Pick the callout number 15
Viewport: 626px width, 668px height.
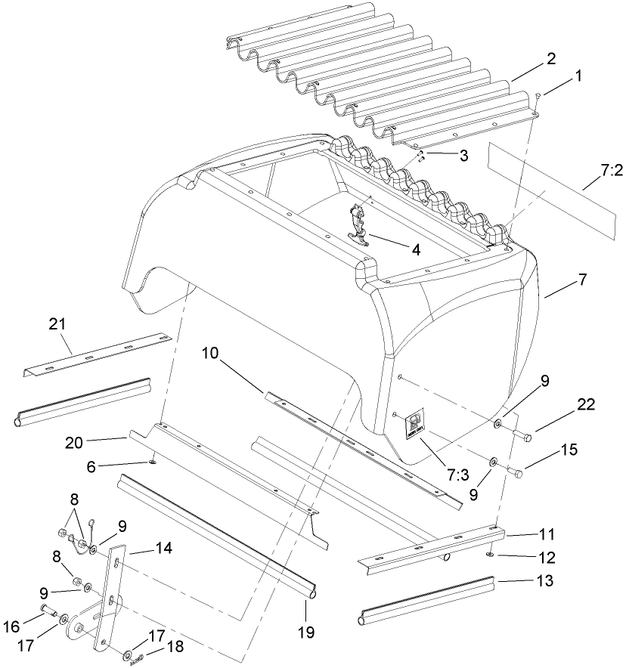tap(569, 450)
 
